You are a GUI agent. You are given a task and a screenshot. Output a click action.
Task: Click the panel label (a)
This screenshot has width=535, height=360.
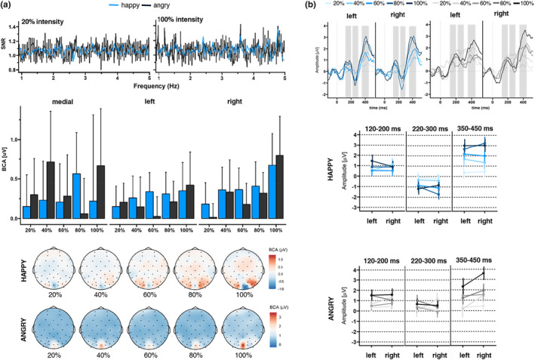tap(8, 7)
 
